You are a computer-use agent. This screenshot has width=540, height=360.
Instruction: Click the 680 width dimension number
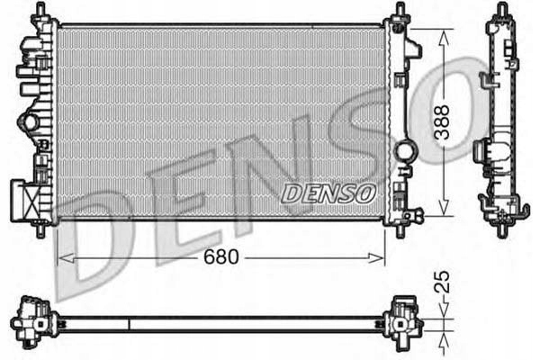click(x=220, y=257)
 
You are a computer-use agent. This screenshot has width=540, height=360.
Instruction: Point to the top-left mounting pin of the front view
click(x=40, y=10)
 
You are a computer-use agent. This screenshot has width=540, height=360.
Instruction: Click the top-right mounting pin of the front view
click(x=399, y=10)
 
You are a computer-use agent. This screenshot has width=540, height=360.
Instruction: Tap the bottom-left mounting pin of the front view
click(x=40, y=230)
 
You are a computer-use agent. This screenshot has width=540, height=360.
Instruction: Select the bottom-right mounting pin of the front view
click(x=399, y=230)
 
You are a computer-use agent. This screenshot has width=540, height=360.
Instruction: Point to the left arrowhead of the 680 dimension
click(x=61, y=257)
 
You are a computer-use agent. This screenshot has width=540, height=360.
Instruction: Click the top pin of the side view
click(x=501, y=10)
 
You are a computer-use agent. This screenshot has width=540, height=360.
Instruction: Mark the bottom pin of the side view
click(x=501, y=230)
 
